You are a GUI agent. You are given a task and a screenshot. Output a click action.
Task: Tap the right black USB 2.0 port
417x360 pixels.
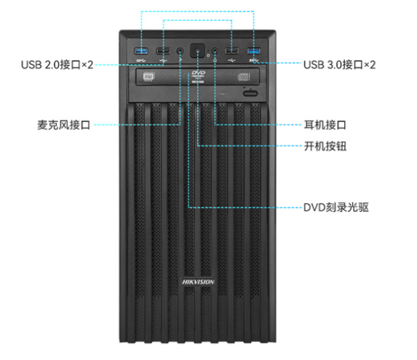[x=232, y=51]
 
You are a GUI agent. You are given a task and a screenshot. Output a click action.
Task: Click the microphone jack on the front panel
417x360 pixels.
[x=181, y=51]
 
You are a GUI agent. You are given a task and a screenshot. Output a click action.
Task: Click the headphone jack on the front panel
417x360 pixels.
[x=216, y=51]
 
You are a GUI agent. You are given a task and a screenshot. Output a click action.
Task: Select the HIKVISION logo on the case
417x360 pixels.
[x=198, y=282]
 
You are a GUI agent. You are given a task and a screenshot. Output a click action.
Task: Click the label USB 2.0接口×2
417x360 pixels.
[x=57, y=64]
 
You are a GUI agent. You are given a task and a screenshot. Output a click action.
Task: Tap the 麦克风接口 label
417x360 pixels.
[x=64, y=126]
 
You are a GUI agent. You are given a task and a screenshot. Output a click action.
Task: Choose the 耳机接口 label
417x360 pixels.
[x=325, y=126]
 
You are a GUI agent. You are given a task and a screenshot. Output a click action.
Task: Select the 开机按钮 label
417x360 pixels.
[x=325, y=146]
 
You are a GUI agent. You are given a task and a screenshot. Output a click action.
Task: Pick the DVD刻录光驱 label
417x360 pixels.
[x=336, y=207]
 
